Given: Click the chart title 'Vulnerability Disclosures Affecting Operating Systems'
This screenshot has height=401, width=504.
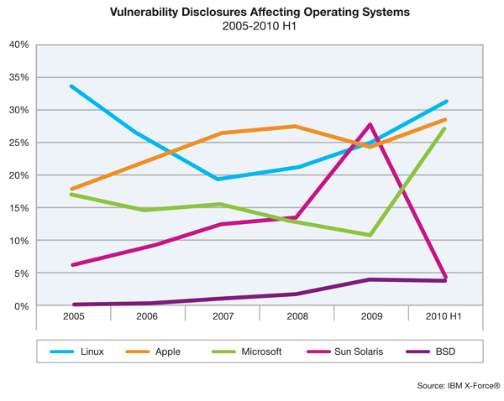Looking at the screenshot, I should tap(251, 13).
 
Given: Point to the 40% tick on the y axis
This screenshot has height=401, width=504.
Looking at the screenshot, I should tap(19, 44).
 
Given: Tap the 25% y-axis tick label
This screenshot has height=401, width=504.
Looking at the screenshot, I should tap(19, 143).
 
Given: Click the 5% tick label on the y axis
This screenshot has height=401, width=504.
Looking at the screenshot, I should tap(22, 273).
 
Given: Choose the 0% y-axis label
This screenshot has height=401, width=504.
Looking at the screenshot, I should tap(22, 306).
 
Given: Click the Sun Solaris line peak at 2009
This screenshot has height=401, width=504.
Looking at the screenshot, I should tap(370, 125).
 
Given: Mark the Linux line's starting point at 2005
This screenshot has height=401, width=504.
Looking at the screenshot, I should tap(72, 86).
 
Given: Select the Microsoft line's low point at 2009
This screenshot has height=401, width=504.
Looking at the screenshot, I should tap(370, 235).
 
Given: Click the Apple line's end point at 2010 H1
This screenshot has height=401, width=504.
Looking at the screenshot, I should tap(445, 120).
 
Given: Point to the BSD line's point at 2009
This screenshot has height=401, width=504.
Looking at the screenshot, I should tap(370, 279).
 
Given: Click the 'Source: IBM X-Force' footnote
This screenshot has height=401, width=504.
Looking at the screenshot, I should tap(458, 385).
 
